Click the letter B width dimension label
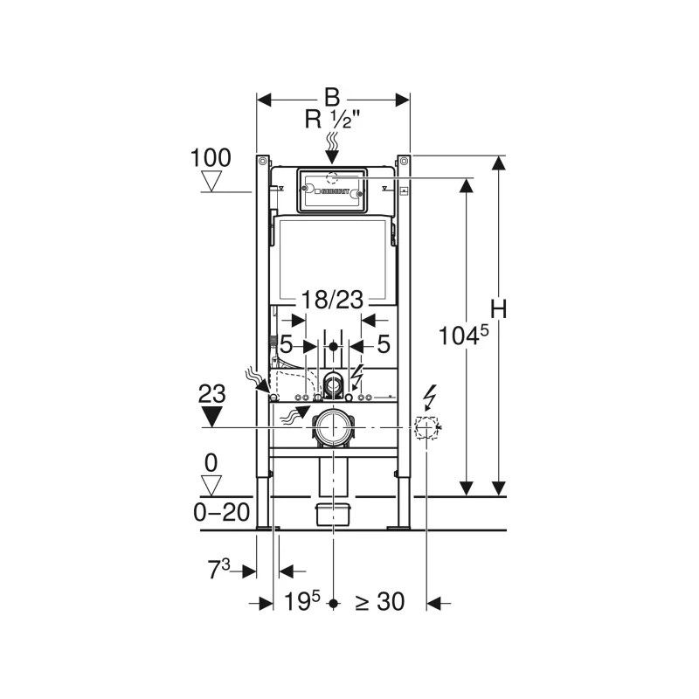coord(332,97)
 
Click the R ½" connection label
coord(332,120)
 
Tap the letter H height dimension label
coord(499,309)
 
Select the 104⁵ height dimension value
coord(464,336)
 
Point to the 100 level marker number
coord(211,158)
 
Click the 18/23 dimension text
coord(333,300)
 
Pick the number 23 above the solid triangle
coord(211,394)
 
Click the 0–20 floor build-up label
coord(222,513)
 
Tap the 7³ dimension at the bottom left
coord(219,570)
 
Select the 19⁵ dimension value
coord(302,602)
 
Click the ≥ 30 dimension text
coord(380,602)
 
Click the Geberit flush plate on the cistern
coord(332,190)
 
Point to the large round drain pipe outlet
coord(333,427)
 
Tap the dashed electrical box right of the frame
coord(426,427)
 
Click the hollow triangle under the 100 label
coord(211,181)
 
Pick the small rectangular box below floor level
coord(333,515)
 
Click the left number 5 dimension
coord(287,344)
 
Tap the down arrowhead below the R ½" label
coord(332,157)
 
